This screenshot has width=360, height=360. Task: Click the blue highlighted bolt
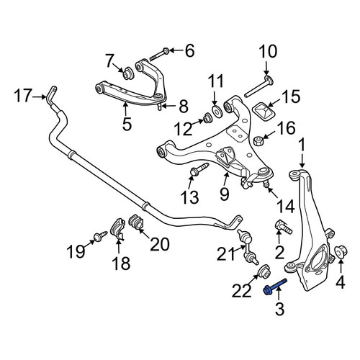tap(275, 287)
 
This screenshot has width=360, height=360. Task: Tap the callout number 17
tap(23, 96)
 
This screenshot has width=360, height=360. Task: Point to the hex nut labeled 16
tap(259, 140)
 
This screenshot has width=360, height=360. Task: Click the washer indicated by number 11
tap(217, 111)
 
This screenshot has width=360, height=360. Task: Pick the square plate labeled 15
tap(264, 112)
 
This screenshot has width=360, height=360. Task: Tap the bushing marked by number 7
tap(128, 72)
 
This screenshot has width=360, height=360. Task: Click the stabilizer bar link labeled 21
tap(248, 246)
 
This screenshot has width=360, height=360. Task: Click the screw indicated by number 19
tap(100, 236)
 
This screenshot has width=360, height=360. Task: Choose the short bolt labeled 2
tap(283, 227)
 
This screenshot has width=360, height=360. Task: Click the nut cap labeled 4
tap(341, 251)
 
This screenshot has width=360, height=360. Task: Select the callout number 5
tap(127, 124)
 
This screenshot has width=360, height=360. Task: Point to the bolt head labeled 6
tap(166, 51)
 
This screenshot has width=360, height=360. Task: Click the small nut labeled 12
tap(207, 118)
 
